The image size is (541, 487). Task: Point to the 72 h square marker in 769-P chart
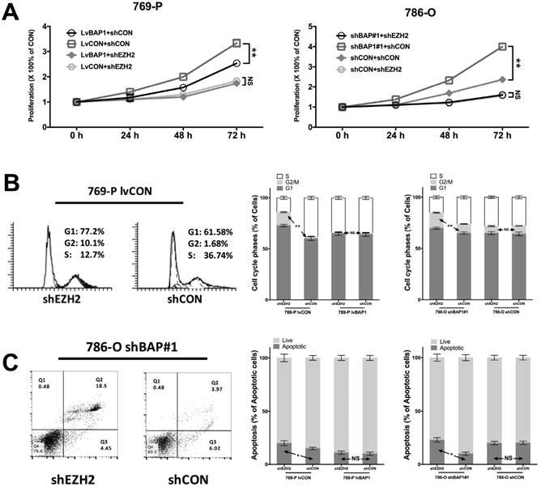point(236,43)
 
